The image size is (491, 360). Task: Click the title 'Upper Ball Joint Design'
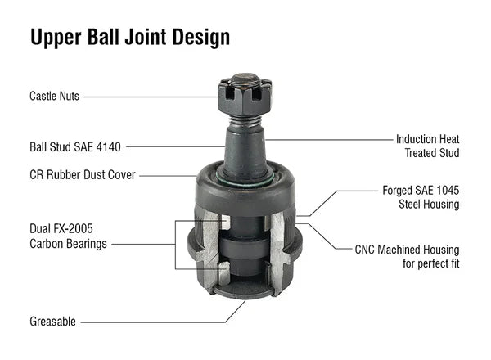click(130, 38)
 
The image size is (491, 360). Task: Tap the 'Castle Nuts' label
click(54, 96)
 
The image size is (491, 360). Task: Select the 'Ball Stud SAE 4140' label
click(74, 147)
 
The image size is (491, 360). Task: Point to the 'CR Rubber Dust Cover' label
click(82, 174)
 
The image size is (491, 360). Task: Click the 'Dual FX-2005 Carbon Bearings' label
click(67, 237)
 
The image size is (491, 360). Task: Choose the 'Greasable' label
click(52, 322)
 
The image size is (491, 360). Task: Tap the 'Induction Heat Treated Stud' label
click(427, 146)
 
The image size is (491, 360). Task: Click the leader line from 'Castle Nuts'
click(151, 96)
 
